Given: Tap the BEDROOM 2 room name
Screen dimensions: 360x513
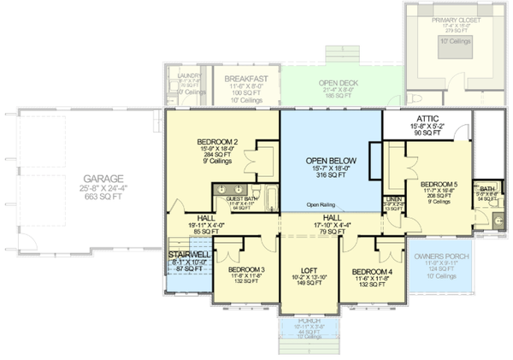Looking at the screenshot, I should point(217,142).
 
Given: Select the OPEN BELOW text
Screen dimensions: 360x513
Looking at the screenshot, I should point(330,161).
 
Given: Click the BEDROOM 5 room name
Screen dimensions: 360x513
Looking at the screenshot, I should point(439,184).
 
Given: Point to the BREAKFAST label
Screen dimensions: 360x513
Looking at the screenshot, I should point(249,79).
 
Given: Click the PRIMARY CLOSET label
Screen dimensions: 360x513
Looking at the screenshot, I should point(457,19).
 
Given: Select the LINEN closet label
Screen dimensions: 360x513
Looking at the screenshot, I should point(393,198).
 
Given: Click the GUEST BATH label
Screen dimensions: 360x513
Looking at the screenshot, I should point(241,198).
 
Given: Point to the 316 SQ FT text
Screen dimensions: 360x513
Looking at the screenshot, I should point(330,178).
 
